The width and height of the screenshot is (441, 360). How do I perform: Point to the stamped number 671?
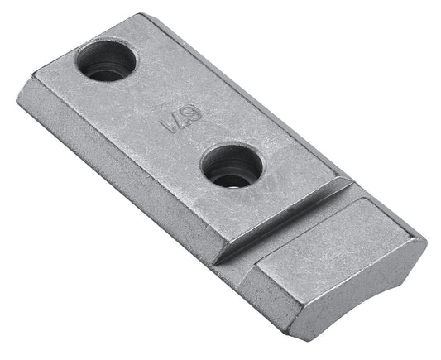[x=171, y=122]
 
